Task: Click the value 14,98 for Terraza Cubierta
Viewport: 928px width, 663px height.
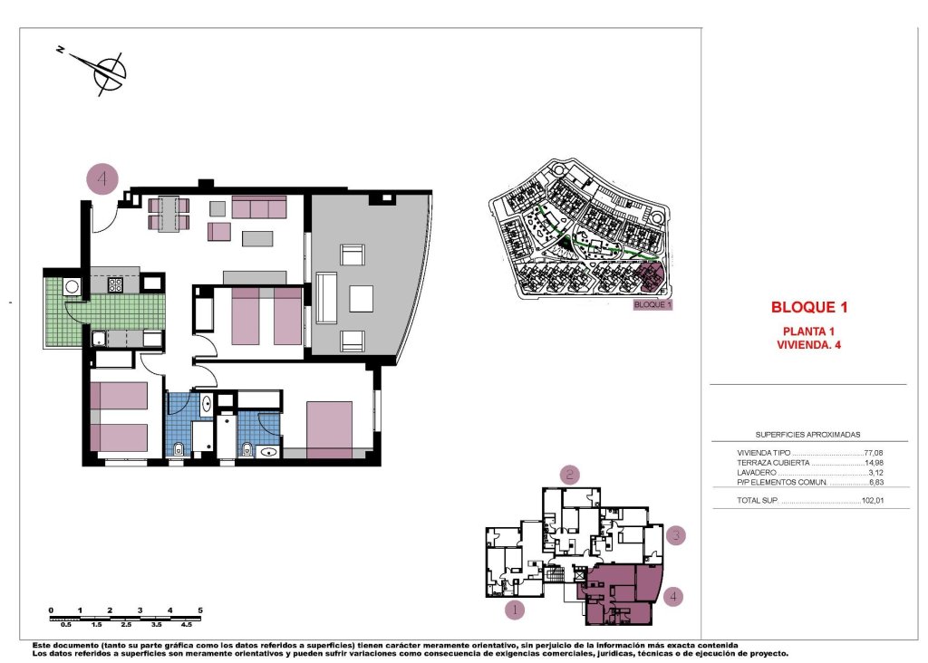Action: coord(873,462)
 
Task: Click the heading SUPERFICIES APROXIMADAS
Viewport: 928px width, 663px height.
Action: coord(808,435)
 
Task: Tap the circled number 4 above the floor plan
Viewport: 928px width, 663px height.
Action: coord(102,178)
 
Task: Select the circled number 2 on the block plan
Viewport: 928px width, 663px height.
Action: coord(569,474)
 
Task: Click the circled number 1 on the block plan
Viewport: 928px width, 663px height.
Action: coord(514,610)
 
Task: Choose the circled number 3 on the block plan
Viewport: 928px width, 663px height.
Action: coord(676,535)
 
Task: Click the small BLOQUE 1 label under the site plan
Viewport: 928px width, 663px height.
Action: coord(652,305)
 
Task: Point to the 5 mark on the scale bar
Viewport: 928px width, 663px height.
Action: coord(199,610)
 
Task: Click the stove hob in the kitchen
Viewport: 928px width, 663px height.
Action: coord(116,284)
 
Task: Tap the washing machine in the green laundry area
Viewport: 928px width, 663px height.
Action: coord(71,287)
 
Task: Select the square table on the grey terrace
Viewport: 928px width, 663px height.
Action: coord(361,298)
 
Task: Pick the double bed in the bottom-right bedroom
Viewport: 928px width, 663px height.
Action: coord(328,429)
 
